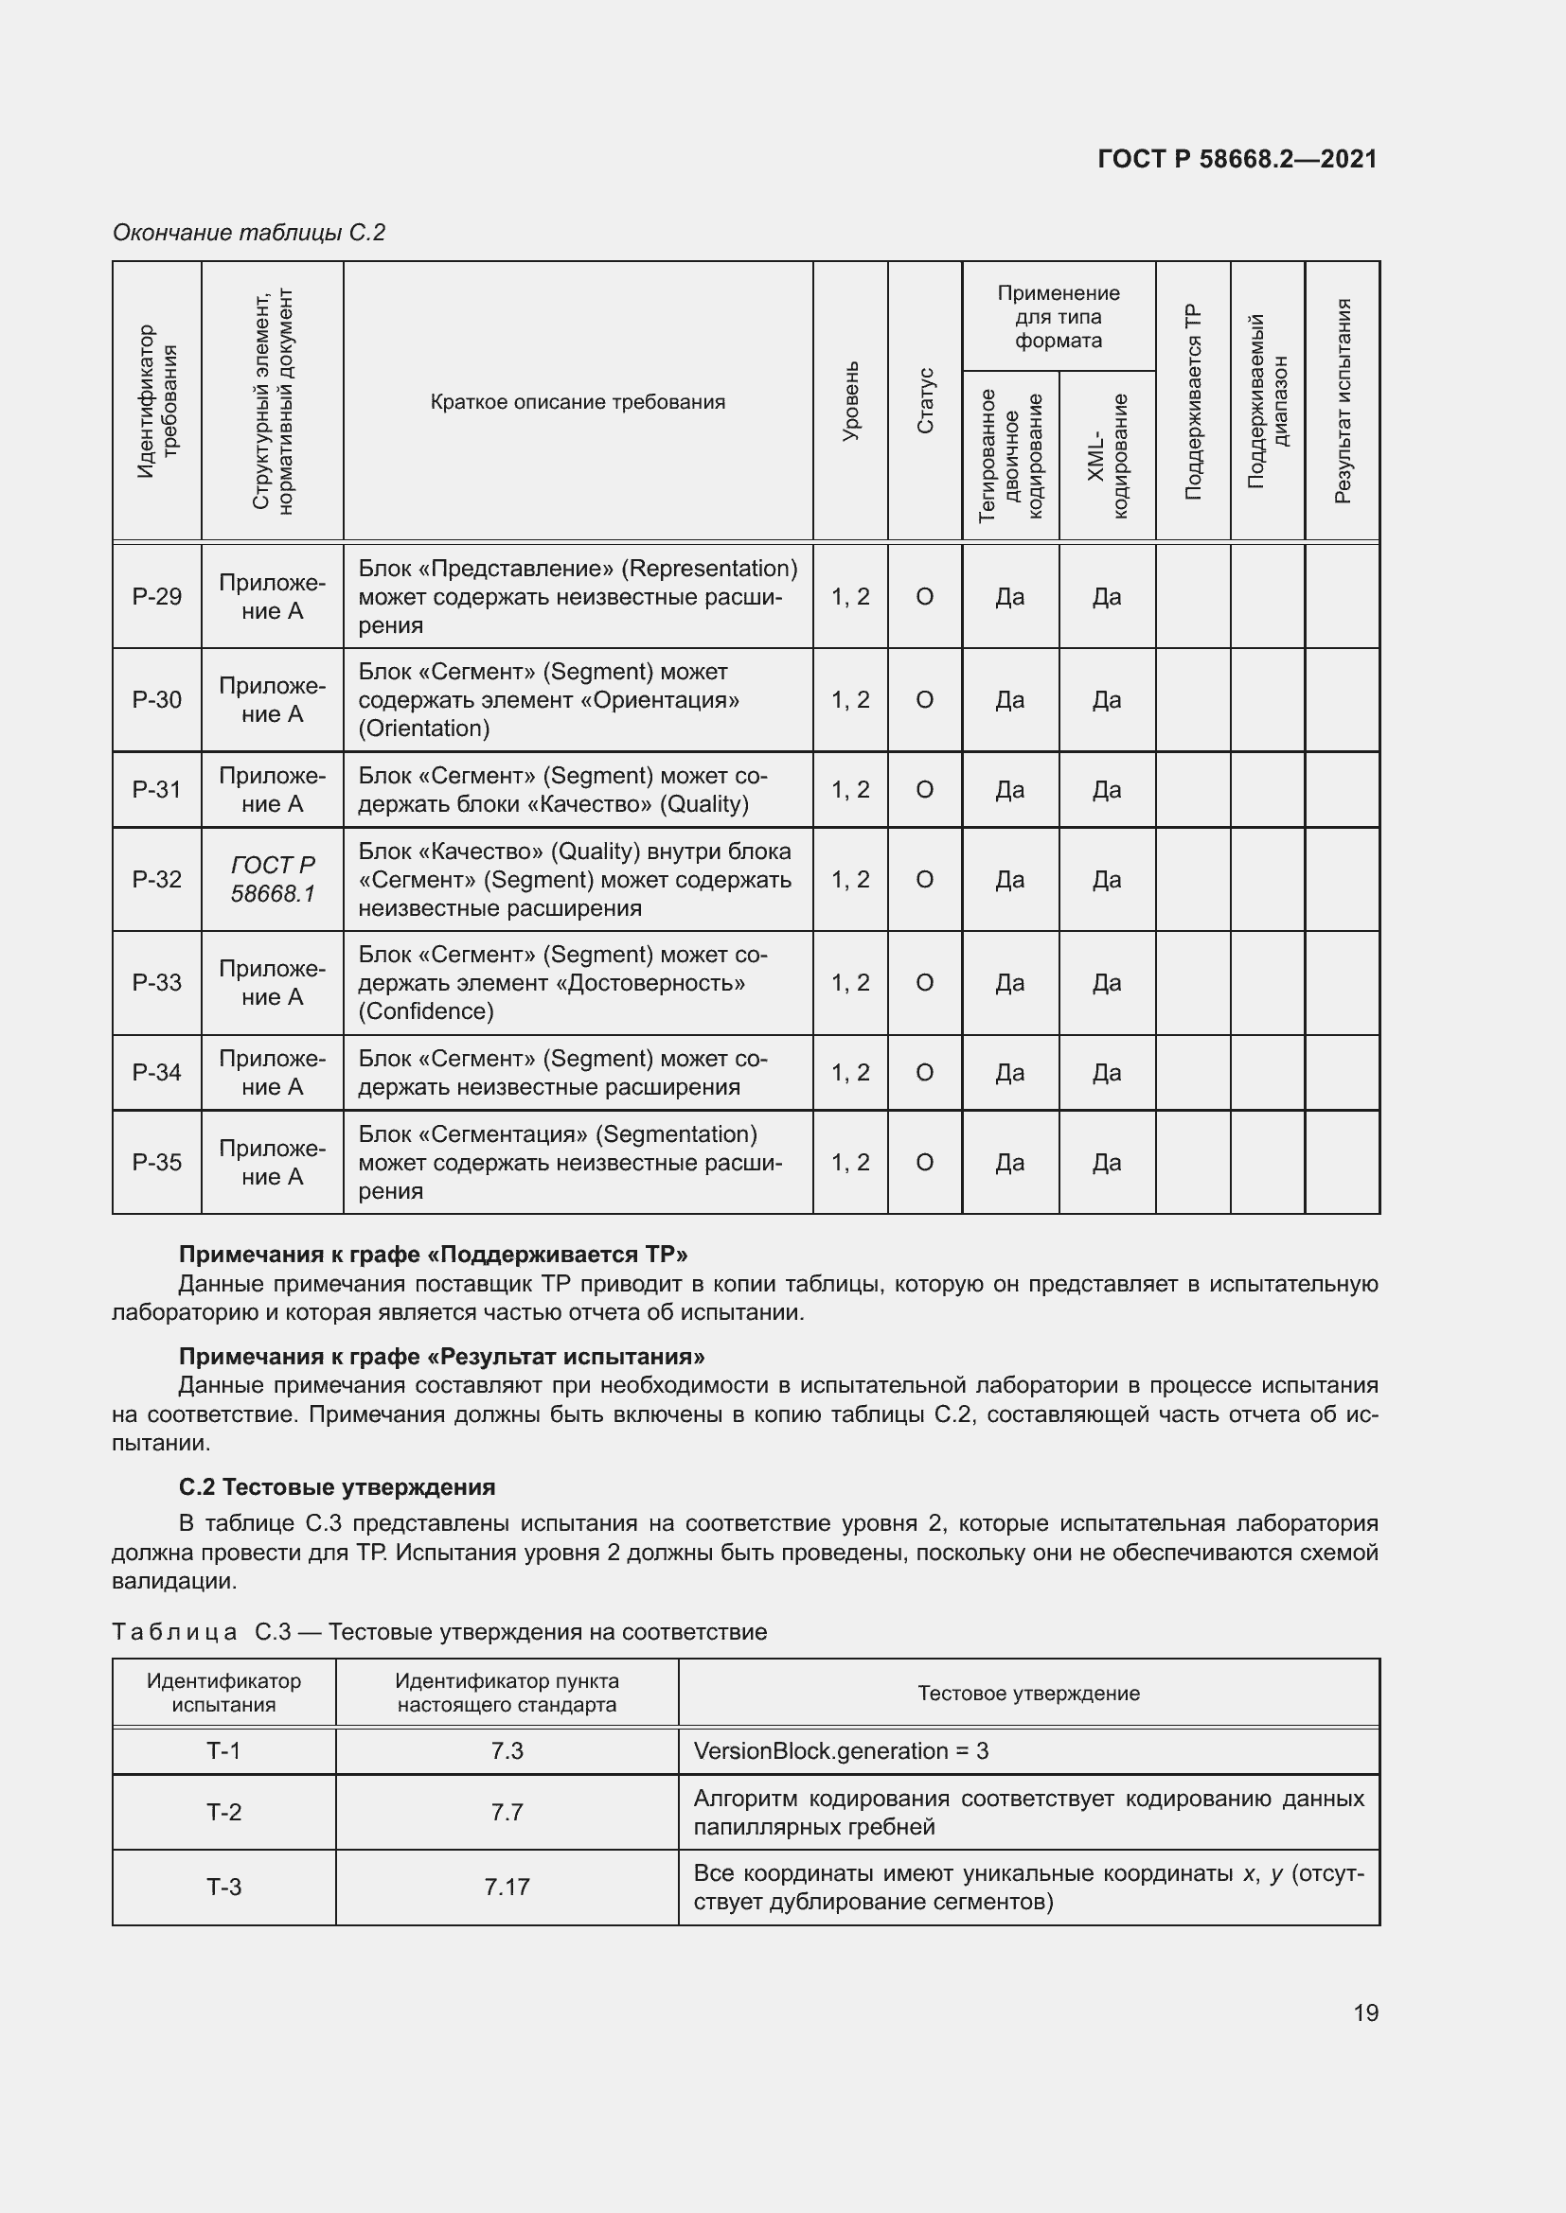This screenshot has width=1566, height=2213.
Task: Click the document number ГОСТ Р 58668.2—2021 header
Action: pyautogui.click(x=1237, y=159)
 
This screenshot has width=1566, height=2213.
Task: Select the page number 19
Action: pyautogui.click(x=1365, y=2012)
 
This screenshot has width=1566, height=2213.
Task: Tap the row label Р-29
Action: pyautogui.click(x=156, y=597)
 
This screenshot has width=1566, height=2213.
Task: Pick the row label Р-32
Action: pyautogui.click(x=156, y=879)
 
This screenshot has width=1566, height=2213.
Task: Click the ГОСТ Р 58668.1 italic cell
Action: pyautogui.click(x=273, y=879)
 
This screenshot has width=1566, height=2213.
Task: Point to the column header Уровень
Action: pyautogui.click(x=850, y=401)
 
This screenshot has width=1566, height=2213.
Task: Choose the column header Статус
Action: pyautogui.click(x=925, y=401)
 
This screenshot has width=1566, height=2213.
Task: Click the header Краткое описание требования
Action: pyautogui.click(x=578, y=402)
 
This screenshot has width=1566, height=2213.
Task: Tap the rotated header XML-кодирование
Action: pyautogui.click(x=1107, y=455)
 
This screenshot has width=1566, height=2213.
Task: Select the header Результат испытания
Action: pyautogui.click(x=1343, y=401)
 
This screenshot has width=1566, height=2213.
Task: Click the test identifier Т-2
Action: pyautogui.click(x=223, y=1812)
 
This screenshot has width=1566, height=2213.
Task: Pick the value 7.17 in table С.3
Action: pyautogui.click(x=507, y=1887)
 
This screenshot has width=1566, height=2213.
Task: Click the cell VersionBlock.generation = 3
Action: pyautogui.click(x=841, y=1750)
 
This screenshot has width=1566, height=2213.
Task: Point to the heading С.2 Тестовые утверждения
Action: pyautogui.click(x=336, y=1486)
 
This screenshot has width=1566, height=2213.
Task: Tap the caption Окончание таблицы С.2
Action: pyautogui.click(x=249, y=233)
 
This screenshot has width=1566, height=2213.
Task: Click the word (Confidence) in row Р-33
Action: pyautogui.click(x=425, y=1011)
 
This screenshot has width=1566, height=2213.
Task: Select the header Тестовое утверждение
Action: pyautogui.click(x=1028, y=1694)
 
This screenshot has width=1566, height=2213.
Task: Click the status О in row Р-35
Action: pyautogui.click(x=924, y=1163)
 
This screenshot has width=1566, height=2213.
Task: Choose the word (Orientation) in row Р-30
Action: pyautogui.click(x=423, y=729)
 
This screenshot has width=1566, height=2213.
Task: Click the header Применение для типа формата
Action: pyautogui.click(x=1058, y=316)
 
